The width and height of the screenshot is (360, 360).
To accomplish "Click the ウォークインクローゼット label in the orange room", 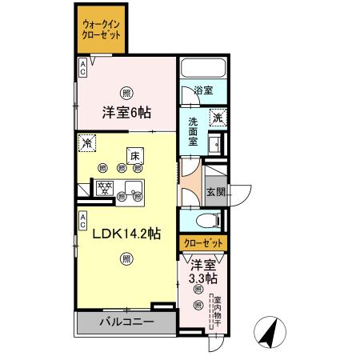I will pyautogui.click(x=102, y=30).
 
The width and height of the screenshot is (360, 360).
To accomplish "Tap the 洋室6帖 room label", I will pyautogui.click(x=126, y=113).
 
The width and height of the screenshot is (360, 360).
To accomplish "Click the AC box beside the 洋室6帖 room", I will pyautogui.click(x=83, y=69).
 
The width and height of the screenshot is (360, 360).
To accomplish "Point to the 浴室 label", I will pyautogui.click(x=204, y=90).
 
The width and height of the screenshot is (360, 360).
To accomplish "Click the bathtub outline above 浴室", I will pyautogui.click(x=204, y=69).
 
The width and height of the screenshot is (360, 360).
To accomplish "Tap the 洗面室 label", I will pyautogui.click(x=194, y=131).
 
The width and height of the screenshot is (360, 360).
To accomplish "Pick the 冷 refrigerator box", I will pyautogui.click(x=86, y=143).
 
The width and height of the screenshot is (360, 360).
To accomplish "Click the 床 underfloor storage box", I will pyautogui.click(x=134, y=155).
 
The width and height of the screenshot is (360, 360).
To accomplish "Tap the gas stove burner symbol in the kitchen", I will pyautogui.click(x=103, y=188).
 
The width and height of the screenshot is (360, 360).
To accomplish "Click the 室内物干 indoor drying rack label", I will pyautogui.click(x=216, y=312).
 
